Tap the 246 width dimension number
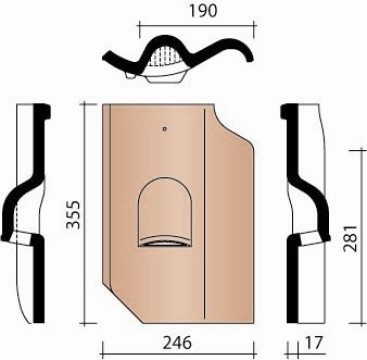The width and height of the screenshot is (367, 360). point(178,343)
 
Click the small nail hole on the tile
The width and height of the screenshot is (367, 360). point(163,129)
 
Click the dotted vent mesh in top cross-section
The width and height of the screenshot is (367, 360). point(163,54)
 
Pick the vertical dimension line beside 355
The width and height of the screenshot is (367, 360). point(83,210)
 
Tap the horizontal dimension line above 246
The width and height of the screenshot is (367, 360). point(178,328)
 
